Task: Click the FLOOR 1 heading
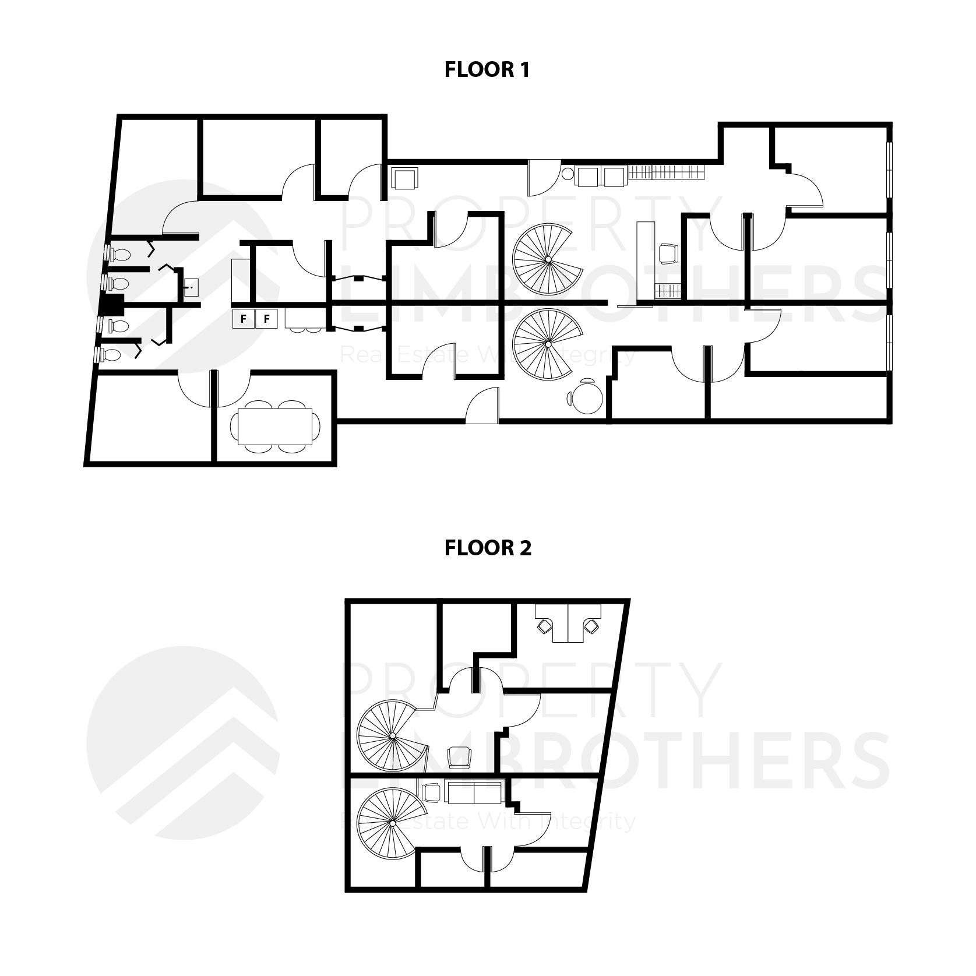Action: tap(487, 70)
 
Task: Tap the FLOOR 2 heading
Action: tap(488, 548)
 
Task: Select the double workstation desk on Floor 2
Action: tap(568, 622)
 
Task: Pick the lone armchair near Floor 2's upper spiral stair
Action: tap(459, 757)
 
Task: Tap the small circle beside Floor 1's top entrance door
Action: tap(568, 174)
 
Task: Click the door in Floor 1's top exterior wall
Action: tap(542, 178)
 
